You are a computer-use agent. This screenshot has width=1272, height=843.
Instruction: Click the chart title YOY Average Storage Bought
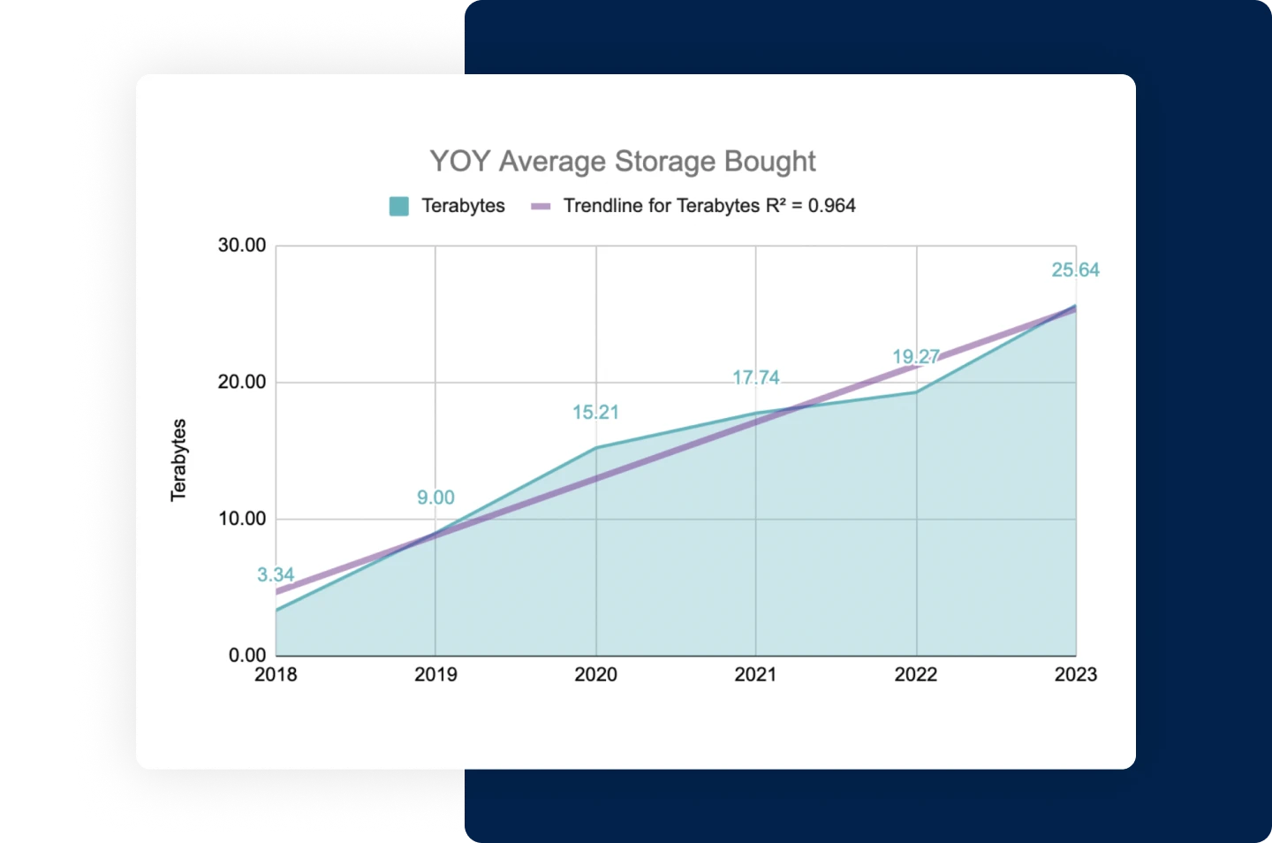[x=622, y=162]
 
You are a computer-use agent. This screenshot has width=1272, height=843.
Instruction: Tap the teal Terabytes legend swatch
[x=399, y=207]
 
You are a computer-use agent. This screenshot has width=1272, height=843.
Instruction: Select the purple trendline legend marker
[x=541, y=207]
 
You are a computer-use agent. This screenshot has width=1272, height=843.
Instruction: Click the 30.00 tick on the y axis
[x=242, y=246]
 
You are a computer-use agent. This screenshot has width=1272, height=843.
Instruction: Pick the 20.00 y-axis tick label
[x=242, y=382]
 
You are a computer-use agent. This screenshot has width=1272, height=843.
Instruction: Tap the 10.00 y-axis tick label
[x=242, y=519]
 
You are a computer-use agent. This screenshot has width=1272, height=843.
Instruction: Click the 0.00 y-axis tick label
[x=246, y=655]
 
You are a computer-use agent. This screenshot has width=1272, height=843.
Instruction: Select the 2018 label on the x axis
[x=276, y=675]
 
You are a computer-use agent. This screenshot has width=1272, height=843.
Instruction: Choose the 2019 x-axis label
[x=435, y=675]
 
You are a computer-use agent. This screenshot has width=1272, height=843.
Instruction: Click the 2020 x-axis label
[x=596, y=675]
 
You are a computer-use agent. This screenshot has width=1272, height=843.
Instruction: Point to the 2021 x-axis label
[x=756, y=675]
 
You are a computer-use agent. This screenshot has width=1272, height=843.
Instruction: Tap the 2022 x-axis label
[x=916, y=675]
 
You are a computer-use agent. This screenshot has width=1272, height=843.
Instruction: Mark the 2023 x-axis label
[x=1076, y=675]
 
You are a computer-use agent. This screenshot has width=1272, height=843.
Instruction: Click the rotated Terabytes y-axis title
[x=179, y=459]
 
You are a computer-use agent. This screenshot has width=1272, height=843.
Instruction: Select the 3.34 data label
[x=276, y=575]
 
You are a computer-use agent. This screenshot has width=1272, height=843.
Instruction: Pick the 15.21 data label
[x=595, y=413]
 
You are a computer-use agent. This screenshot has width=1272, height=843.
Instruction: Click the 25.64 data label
[x=1075, y=270]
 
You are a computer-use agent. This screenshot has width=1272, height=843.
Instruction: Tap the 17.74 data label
[x=756, y=378]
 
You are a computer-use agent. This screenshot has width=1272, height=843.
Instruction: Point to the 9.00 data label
[x=435, y=498]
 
